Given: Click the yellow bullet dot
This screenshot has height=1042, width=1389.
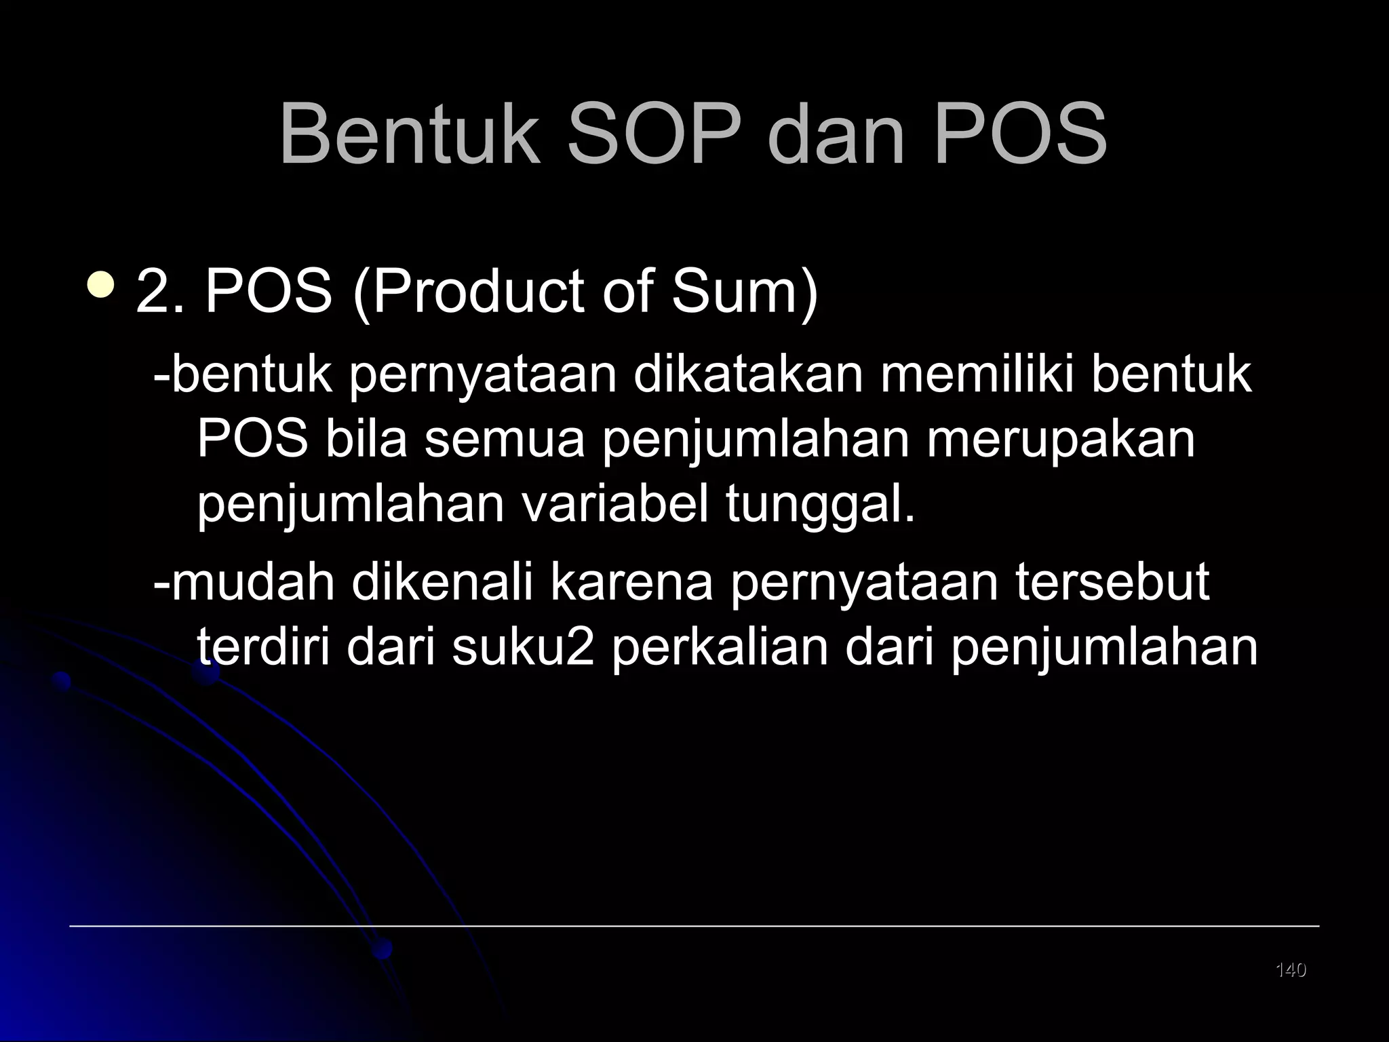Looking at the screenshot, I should [101, 285].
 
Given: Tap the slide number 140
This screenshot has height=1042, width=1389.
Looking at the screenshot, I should [1291, 970].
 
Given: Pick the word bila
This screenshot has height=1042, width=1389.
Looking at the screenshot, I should [366, 439].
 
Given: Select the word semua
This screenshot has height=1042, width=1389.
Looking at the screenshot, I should [505, 439].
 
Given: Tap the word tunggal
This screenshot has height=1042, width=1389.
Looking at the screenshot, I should [821, 505].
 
